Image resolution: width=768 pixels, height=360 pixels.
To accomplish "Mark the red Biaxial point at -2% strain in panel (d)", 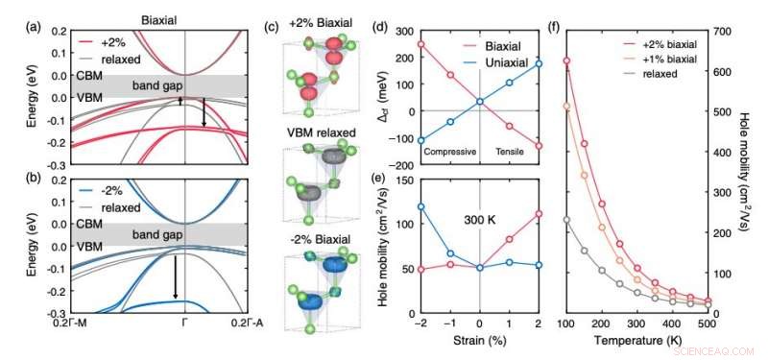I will [x=420, y=43].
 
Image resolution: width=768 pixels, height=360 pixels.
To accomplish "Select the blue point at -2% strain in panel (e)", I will [x=420, y=206].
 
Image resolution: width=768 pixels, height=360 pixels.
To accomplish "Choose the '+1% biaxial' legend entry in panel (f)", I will [x=672, y=60].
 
